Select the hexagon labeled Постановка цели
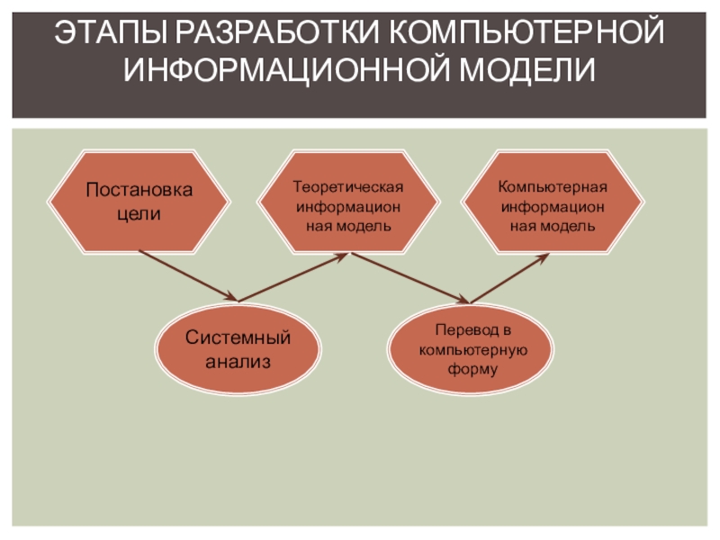[139, 202]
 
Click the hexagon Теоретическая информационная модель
[348, 202]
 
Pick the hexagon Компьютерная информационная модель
[553, 202]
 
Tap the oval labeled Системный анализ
[238, 349]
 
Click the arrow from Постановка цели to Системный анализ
[189, 277]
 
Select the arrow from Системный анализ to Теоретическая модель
[293, 277]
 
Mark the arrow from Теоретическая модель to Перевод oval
[410, 277]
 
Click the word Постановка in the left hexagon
[139, 191]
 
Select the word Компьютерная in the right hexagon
[553, 187]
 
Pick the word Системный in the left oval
[238, 338]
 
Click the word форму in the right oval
[471, 369]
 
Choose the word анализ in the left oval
[238, 362]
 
